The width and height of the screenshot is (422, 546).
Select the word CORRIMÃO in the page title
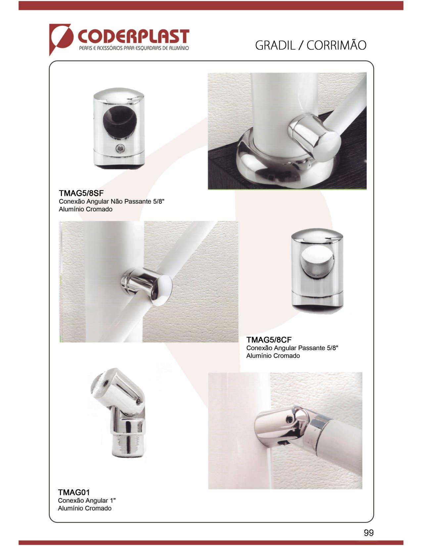336,45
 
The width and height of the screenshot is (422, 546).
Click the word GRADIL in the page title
275,45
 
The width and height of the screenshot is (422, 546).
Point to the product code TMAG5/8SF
81,193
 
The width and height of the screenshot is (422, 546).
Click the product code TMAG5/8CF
269,340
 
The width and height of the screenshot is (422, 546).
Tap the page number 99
368,532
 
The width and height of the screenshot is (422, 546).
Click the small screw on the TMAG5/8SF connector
120,149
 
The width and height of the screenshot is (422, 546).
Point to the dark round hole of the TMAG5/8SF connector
120,122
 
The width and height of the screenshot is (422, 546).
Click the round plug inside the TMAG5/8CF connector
317,262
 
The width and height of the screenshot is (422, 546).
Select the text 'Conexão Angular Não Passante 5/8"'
112,202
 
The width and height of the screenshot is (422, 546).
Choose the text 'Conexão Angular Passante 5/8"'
292,348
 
